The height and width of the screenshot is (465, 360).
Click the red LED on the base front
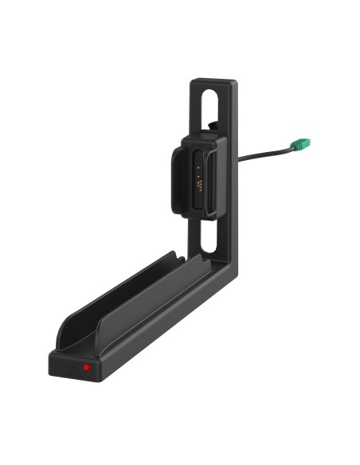pos(85,368)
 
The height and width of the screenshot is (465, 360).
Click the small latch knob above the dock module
pos(213,125)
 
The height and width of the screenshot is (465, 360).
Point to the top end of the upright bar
pos(213,81)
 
